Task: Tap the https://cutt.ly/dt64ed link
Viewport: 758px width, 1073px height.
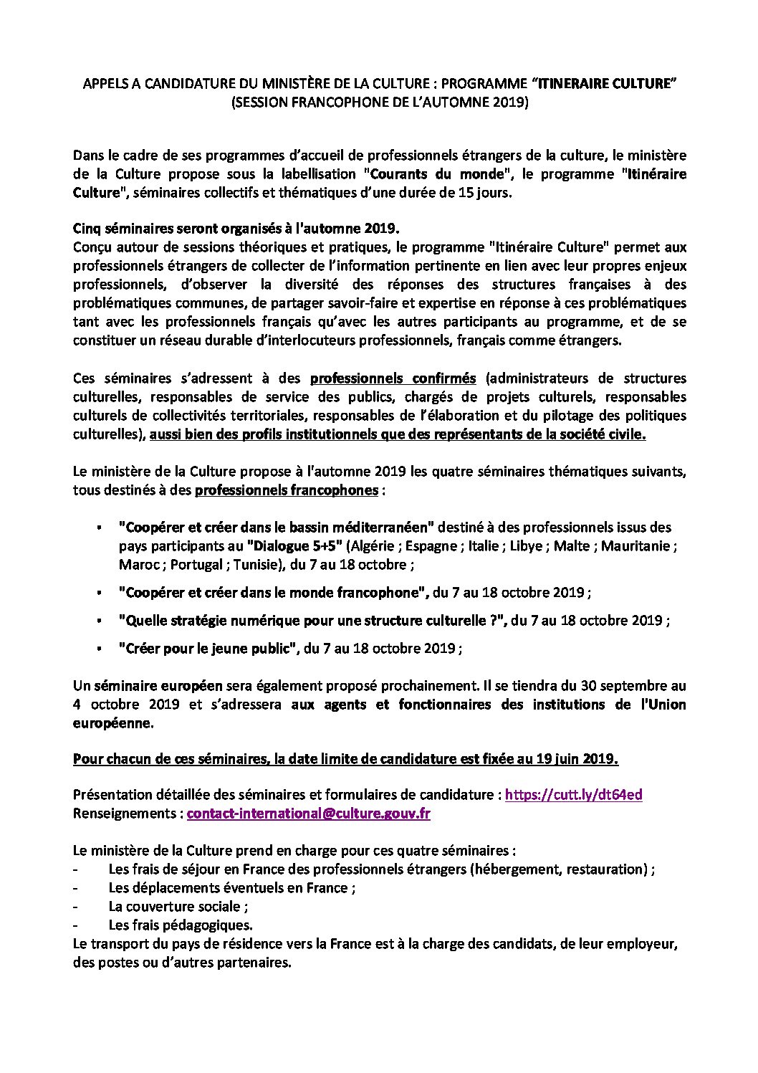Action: click(x=573, y=795)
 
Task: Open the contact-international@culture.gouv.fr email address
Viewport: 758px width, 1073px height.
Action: click(x=308, y=814)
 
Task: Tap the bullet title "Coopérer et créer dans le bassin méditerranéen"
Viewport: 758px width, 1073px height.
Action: click(x=277, y=528)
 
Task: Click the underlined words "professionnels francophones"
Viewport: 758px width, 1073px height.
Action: click(x=287, y=491)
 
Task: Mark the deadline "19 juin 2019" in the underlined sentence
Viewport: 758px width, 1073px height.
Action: click(x=580, y=758)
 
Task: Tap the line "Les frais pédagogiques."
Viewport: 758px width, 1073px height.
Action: click(x=181, y=925)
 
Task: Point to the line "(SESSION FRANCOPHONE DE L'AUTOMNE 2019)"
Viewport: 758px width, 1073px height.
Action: click(x=379, y=103)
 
